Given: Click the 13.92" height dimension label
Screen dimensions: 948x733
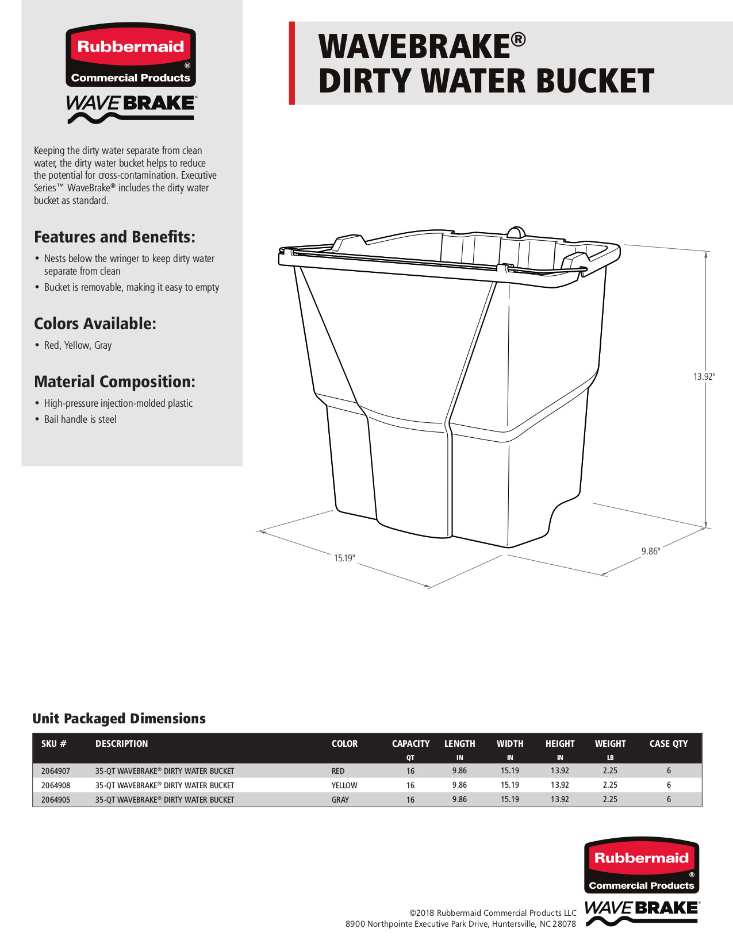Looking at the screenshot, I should [x=704, y=377].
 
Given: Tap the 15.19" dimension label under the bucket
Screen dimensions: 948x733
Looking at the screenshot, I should [x=344, y=558].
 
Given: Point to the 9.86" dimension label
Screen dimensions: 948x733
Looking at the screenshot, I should [x=650, y=551].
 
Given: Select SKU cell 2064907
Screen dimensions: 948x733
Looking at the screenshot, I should [x=56, y=771].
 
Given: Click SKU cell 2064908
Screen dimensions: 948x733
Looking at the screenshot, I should [x=56, y=785].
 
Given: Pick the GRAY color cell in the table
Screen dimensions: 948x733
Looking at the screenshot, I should [x=340, y=800].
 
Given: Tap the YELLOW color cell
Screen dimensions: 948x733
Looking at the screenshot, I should [x=344, y=785].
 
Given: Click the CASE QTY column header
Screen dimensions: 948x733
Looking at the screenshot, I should [x=668, y=743].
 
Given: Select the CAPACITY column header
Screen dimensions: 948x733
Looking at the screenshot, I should [x=410, y=743].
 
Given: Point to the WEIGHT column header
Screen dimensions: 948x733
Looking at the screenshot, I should [x=610, y=743].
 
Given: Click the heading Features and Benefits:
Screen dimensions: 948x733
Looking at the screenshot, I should [x=114, y=237].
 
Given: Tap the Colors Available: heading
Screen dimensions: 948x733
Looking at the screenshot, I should [x=95, y=323].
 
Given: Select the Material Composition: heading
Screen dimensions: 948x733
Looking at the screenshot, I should [x=114, y=381].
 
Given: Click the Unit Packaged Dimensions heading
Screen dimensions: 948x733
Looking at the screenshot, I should [x=119, y=718].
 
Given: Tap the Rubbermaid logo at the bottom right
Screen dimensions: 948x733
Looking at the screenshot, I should [x=642, y=865].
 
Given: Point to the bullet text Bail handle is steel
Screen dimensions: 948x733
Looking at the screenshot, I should [x=80, y=419].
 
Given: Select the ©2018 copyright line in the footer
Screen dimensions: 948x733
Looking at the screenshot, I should [x=492, y=912].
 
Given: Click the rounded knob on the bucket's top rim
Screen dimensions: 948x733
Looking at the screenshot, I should [x=516, y=232].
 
